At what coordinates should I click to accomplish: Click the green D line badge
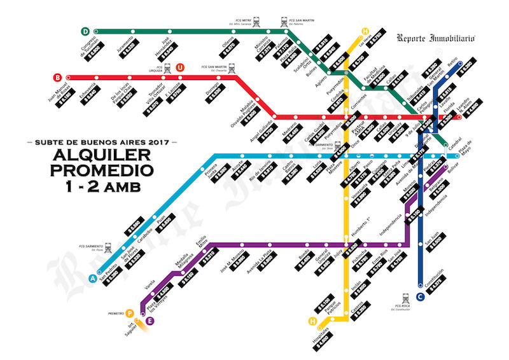(x=85, y=31)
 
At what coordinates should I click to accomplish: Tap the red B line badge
(x=58, y=78)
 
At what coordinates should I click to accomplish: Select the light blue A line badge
(x=93, y=278)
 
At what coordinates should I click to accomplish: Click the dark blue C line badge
(x=420, y=296)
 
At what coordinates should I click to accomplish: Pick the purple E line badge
(x=150, y=321)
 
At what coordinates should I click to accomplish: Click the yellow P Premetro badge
(x=130, y=313)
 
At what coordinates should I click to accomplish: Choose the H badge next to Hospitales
(x=312, y=321)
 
